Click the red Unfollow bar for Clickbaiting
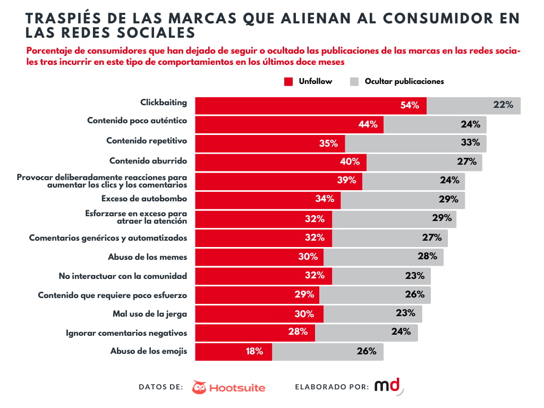297,105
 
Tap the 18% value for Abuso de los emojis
254,351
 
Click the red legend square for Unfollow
288,81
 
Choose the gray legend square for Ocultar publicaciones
355,81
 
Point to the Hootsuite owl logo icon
199,387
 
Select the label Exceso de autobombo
144,199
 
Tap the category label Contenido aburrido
148,160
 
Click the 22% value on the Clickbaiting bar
503,105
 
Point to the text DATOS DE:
161,387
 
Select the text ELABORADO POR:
331,387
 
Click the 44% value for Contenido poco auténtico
368,124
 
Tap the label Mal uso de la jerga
150,313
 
